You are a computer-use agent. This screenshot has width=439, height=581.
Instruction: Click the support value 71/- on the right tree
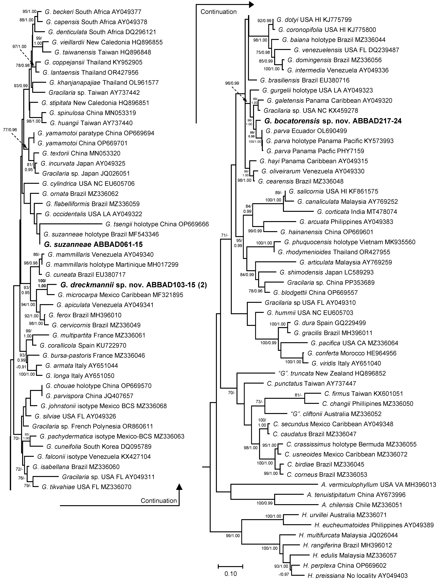pyautogui.click(x=225, y=235)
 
